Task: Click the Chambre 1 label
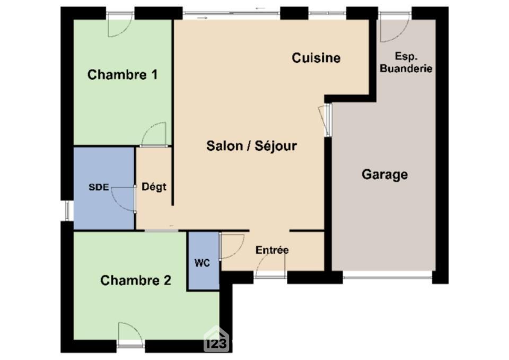click(x=122, y=75)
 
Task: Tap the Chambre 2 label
click(x=136, y=280)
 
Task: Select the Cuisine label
click(x=316, y=58)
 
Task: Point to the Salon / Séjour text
click(x=251, y=146)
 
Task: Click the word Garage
click(x=385, y=174)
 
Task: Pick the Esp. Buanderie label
click(x=406, y=63)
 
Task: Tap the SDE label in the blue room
click(x=99, y=187)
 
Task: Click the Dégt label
click(x=154, y=187)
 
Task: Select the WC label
click(x=202, y=263)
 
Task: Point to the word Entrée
click(x=272, y=250)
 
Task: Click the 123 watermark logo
click(x=216, y=340)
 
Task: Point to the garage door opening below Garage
click(x=388, y=278)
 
